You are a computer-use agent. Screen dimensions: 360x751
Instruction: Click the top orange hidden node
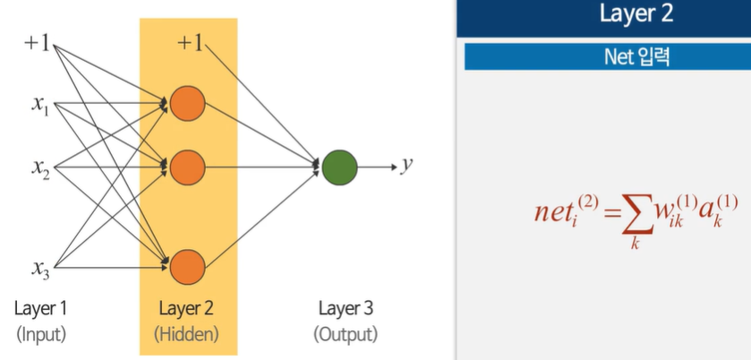[188, 104]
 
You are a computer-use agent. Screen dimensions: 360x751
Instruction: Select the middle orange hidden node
[188, 167]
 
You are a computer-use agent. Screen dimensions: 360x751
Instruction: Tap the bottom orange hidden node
[188, 267]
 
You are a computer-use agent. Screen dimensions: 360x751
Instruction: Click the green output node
[339, 167]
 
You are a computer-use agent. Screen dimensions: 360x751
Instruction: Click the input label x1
[40, 106]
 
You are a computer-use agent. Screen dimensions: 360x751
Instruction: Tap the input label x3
[40, 267]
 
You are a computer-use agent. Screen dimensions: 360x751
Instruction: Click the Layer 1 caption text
[41, 310]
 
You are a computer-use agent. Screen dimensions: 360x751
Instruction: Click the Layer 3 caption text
[346, 310]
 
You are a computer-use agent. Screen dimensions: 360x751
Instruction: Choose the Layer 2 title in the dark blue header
[636, 15]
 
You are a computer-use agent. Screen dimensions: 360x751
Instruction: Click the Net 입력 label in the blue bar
[636, 57]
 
